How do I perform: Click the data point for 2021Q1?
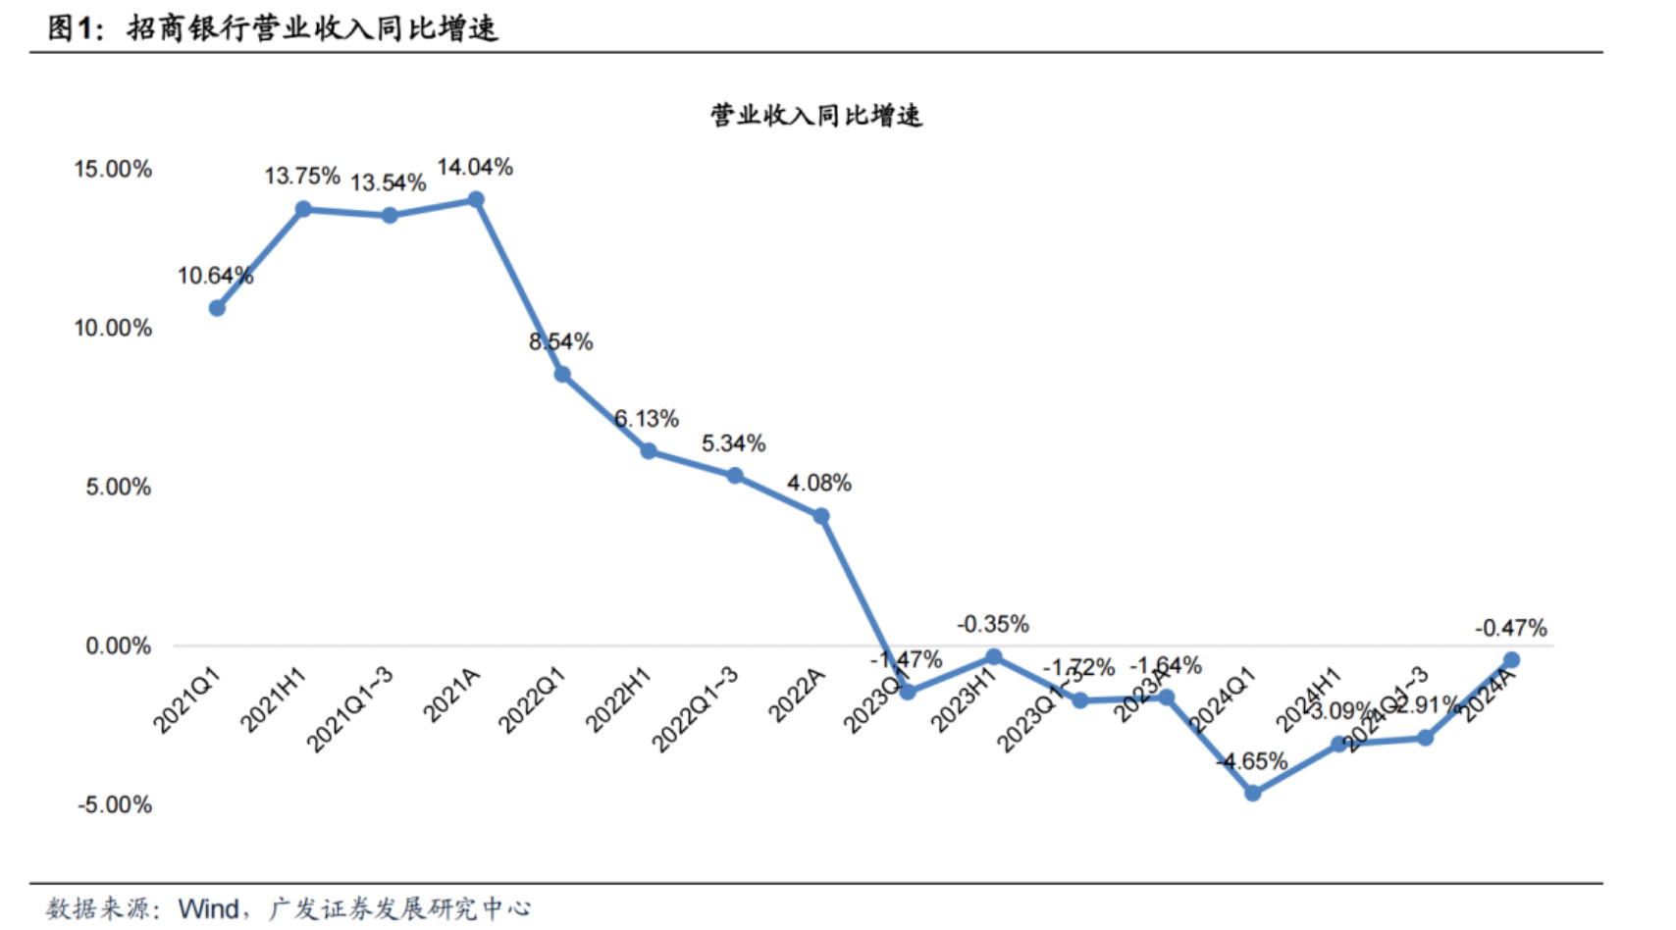point(217,308)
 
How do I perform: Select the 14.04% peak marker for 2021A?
point(476,200)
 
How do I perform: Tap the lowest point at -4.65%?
point(1252,793)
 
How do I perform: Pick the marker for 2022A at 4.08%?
point(821,516)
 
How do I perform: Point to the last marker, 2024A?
point(1511,660)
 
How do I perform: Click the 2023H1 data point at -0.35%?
point(993,656)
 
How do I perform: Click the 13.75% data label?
point(302,177)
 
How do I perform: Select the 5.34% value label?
point(733,443)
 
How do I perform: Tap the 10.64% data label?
point(215,276)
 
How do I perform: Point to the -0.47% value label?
point(1510,628)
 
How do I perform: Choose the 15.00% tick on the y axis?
point(113,169)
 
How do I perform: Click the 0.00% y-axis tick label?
point(118,646)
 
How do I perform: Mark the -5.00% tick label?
point(115,804)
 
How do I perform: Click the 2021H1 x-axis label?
point(274,699)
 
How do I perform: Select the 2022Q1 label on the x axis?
point(532,700)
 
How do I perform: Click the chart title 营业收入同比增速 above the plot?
point(816,116)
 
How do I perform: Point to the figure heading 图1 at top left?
point(74,27)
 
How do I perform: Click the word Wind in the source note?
point(208,908)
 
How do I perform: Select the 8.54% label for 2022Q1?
point(561,341)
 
